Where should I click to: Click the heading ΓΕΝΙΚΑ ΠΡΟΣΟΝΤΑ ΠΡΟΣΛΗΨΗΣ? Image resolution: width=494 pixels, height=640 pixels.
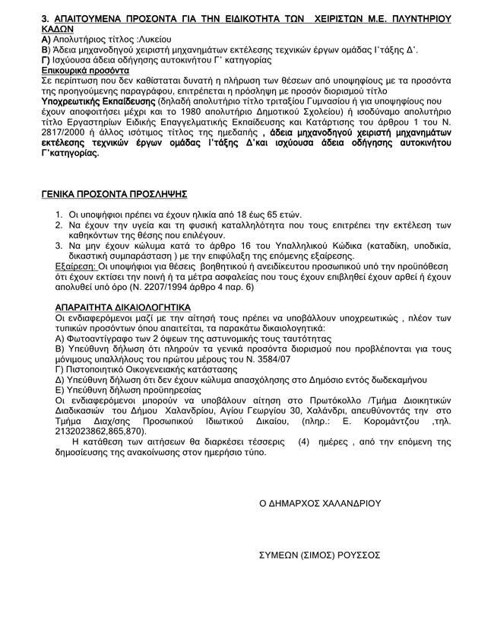113,195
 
